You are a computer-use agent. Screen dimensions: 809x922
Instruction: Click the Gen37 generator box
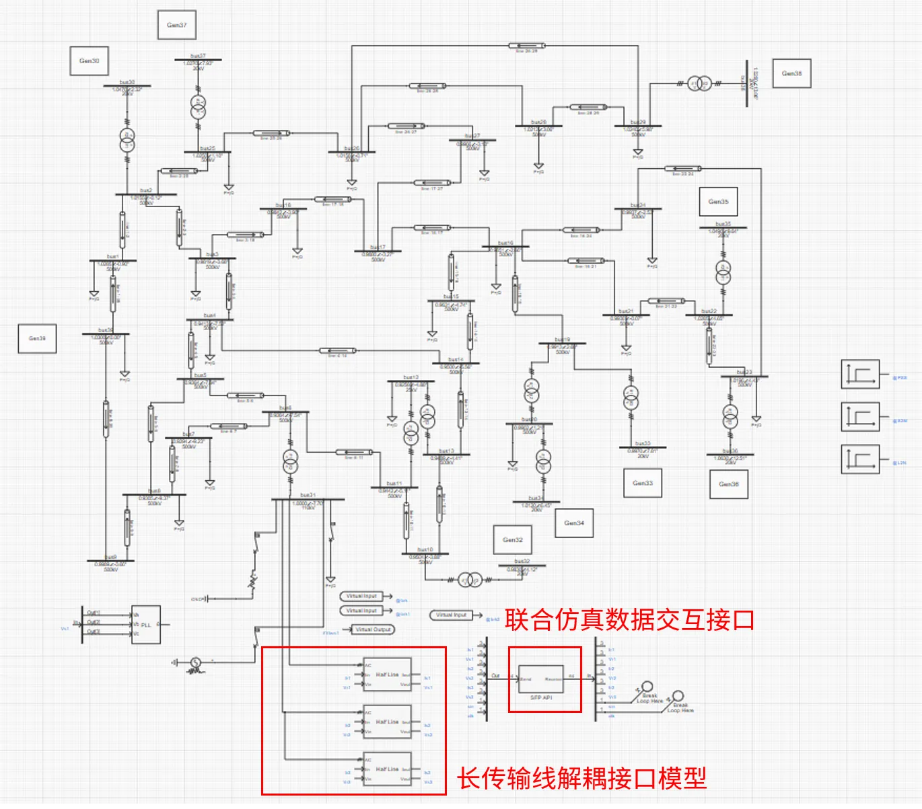click(x=177, y=26)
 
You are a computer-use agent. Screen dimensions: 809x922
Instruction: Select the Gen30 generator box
click(x=90, y=61)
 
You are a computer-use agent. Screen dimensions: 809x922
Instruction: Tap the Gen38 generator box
click(x=792, y=73)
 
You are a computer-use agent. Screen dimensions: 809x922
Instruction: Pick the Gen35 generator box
click(x=718, y=202)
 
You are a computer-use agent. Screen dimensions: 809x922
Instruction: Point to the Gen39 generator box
click(x=37, y=339)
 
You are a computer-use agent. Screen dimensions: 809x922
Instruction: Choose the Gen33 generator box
click(x=643, y=483)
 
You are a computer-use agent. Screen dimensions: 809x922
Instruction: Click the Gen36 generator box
click(x=729, y=484)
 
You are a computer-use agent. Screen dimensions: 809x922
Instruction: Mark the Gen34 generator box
click(x=574, y=523)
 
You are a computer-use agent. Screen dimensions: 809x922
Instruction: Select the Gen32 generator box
click(x=513, y=540)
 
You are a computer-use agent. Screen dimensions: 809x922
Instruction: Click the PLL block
click(x=145, y=625)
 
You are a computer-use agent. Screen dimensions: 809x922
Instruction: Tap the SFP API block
click(x=540, y=680)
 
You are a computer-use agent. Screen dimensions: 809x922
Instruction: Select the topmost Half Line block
click(x=387, y=675)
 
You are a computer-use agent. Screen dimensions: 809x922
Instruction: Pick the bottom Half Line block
click(x=387, y=769)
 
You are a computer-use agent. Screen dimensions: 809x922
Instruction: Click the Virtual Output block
click(x=374, y=629)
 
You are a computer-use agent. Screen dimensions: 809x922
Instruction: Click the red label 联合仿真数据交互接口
click(x=629, y=620)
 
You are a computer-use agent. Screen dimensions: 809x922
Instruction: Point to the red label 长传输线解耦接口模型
click(x=582, y=779)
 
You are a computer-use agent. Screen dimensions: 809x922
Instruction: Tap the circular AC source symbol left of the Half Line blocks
click(x=196, y=662)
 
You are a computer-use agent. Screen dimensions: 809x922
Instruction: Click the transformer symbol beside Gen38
click(x=699, y=84)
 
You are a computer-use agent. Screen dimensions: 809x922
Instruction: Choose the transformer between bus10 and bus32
click(x=470, y=580)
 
